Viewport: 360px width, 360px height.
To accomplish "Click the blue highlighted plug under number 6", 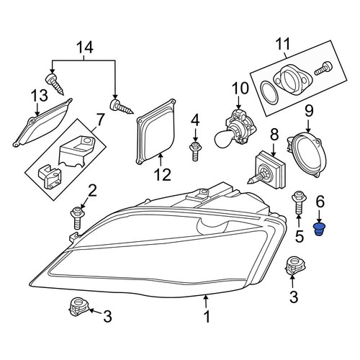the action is coord(319,230).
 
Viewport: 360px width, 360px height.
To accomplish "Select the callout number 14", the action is coord(85,48).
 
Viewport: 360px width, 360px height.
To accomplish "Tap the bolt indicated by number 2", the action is coord(77,218).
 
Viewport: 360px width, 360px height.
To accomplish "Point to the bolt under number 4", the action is coord(195,151).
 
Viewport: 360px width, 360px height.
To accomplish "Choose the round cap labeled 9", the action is coord(307,156).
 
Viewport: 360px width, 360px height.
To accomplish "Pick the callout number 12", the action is coord(163,174).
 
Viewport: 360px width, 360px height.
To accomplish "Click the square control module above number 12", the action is coord(156,132).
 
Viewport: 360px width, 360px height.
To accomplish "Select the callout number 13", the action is coord(39,96).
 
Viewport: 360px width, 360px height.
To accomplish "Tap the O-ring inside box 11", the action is coord(269,93).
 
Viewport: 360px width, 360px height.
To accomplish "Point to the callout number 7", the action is coord(100,120).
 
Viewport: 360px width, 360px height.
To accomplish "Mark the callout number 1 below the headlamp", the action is coord(207,317).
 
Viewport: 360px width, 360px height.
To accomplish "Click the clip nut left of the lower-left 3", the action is coord(78,307).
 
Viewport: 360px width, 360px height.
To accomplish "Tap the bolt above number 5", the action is coord(298,202).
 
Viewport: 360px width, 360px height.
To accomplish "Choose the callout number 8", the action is coord(274,135).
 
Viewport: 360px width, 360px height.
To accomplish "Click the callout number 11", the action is coord(283,44).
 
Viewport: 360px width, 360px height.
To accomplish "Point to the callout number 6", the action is coord(320,202).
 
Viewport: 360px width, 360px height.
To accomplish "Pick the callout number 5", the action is coord(300,236).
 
